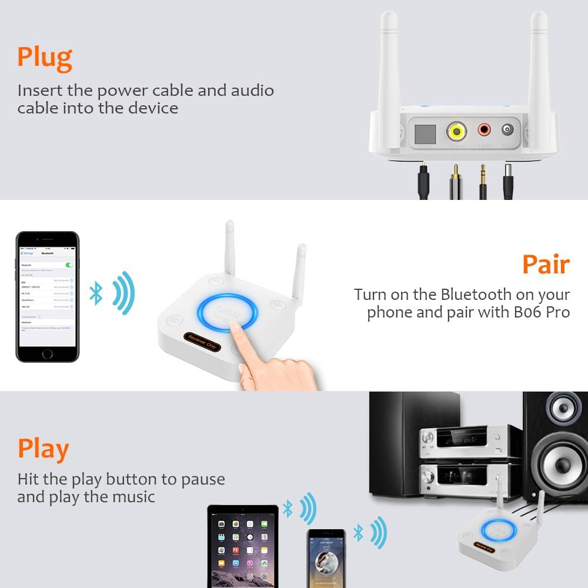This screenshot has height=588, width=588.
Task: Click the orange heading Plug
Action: (45, 58)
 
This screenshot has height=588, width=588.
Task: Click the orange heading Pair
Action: (546, 266)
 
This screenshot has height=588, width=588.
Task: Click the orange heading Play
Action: (43, 449)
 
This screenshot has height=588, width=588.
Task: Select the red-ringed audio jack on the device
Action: (485, 129)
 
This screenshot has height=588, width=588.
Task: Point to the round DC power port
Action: (507, 129)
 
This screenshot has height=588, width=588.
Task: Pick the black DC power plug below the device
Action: (507, 183)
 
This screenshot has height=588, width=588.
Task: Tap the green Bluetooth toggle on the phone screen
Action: (70, 265)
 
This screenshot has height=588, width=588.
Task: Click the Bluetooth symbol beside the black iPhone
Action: (96, 293)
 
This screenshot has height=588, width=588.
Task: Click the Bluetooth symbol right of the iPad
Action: (288, 509)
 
